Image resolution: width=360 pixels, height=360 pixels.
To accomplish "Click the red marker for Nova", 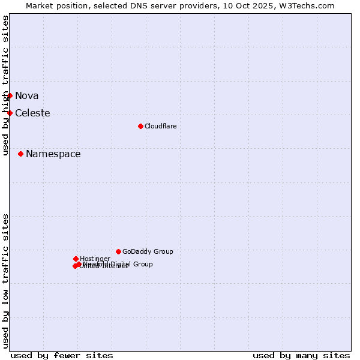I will click(x=10, y=95).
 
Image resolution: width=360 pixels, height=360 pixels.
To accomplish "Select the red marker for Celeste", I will click(x=10, y=113).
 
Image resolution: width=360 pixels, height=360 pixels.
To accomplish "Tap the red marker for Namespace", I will click(x=20, y=154).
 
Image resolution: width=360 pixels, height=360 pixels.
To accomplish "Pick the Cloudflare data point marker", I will click(x=140, y=126).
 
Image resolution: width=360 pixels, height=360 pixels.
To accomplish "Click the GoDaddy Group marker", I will click(x=118, y=251).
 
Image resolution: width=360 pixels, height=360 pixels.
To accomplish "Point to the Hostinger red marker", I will click(x=76, y=259).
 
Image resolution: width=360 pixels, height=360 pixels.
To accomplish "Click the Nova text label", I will click(x=26, y=95).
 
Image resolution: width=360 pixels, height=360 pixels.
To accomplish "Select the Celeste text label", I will click(x=32, y=113).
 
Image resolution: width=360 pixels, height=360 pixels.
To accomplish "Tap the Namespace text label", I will click(x=53, y=154).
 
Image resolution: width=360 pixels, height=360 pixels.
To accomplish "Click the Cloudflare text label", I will click(x=160, y=126).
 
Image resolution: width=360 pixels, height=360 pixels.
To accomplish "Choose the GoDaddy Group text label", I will click(x=148, y=251).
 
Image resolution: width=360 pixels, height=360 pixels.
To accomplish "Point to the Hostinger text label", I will click(x=95, y=259).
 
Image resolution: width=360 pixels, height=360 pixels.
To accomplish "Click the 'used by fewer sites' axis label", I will click(x=62, y=355).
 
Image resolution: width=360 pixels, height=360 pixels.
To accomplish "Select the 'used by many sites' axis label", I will click(x=301, y=355).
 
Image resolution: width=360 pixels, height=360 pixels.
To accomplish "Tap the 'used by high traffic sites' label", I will click(x=5, y=85).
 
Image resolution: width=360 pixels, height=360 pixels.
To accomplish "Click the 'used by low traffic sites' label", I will click(x=5, y=281).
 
